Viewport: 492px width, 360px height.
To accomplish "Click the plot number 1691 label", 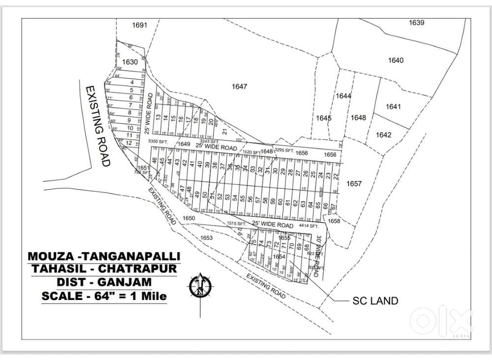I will tap(140, 25).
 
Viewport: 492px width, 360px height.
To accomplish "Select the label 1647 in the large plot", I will tap(239, 87).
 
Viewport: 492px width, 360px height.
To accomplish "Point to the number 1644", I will tap(344, 96).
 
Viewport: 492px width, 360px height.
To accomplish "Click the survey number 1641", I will tap(394, 106).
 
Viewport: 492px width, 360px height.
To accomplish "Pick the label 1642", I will tap(383, 135).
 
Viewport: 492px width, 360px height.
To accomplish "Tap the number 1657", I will tap(354, 184).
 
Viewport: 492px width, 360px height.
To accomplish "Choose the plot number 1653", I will tap(207, 238).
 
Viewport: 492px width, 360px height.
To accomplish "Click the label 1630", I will tap(130, 62).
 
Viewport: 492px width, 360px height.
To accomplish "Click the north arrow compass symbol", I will tap(200, 285).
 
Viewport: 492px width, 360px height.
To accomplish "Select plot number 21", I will tap(224, 131).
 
